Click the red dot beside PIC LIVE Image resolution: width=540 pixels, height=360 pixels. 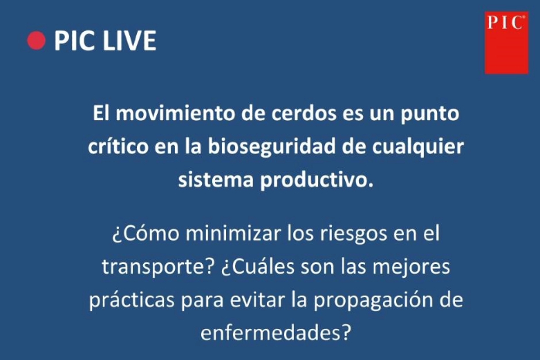point(36,41)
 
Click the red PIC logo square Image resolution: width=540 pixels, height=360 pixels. point(506,43)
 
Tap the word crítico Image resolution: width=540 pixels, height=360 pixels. point(118,146)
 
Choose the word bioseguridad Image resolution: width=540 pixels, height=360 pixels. point(271,147)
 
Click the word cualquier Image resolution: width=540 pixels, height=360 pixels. point(418,147)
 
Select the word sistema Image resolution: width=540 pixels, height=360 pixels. point(216,180)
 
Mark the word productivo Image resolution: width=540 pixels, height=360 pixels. point(317,180)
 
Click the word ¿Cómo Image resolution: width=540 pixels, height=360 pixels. point(145,233)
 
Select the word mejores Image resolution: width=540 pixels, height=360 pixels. point(411,267)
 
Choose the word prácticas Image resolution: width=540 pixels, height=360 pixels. point(132,300)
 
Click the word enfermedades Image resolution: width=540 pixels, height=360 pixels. point(275,332)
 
